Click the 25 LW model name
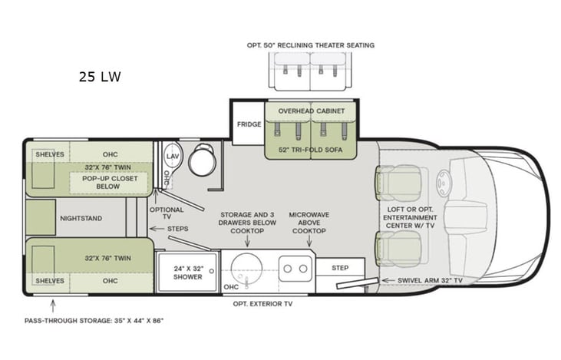[x=99, y=77]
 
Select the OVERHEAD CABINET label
[x=311, y=111]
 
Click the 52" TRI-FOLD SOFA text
[x=311, y=148]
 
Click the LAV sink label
[x=173, y=156]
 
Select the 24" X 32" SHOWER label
[x=187, y=272]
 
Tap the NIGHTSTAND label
[x=80, y=218]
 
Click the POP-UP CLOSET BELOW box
[x=107, y=182]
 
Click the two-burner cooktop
[x=295, y=268]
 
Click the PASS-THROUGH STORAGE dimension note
[x=93, y=319]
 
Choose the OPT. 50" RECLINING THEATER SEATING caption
[x=311, y=45]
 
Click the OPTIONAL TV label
[x=167, y=213]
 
